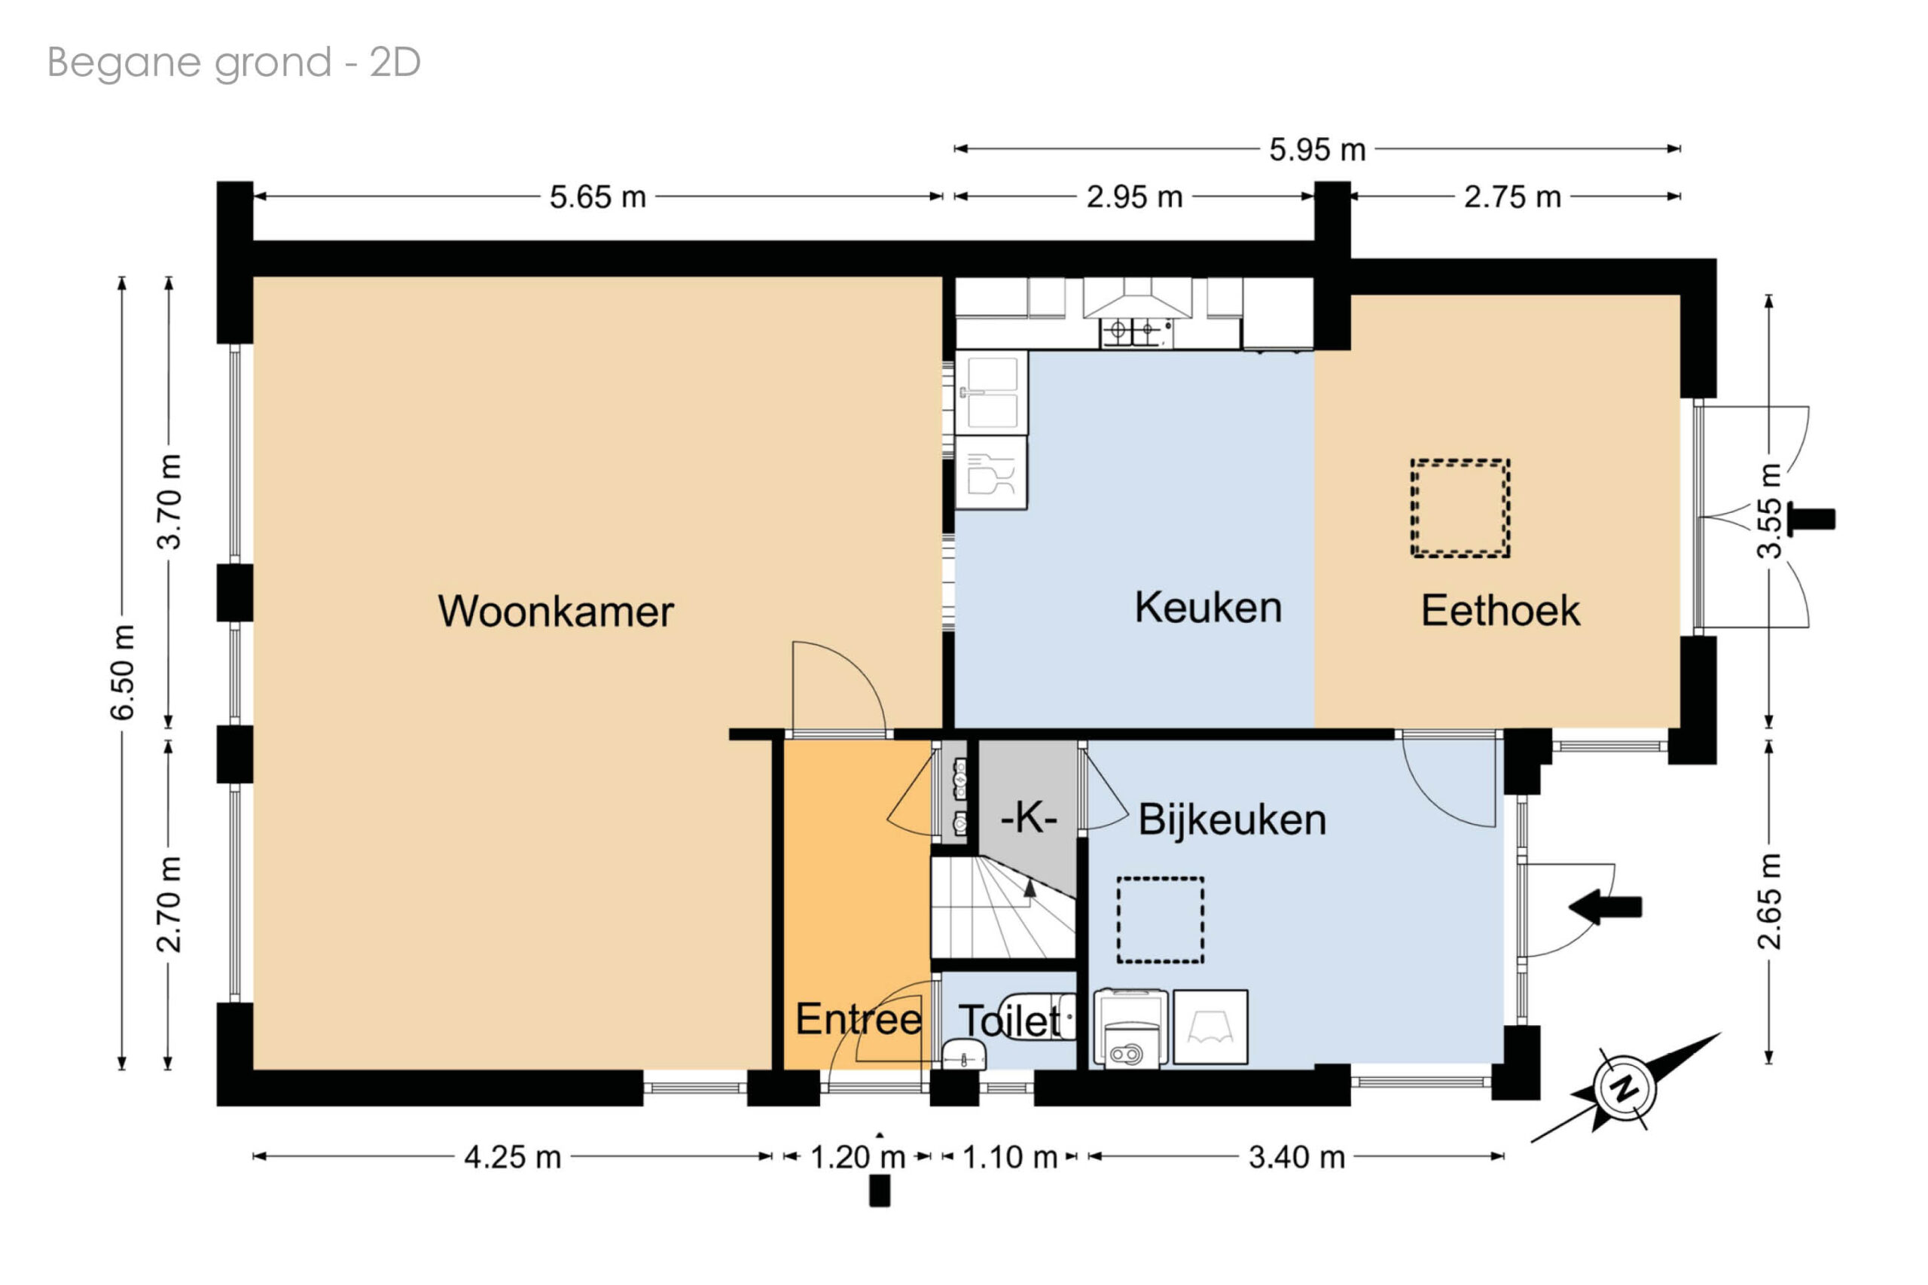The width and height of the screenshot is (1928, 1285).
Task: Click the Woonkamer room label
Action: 555,612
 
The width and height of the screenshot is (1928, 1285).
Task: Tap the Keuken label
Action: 1208,607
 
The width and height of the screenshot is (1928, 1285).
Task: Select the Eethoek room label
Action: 1499,611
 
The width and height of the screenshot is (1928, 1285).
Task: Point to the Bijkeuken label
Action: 1231,820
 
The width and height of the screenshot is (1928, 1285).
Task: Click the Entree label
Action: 858,1018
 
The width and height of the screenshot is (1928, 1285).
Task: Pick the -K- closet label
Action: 1028,818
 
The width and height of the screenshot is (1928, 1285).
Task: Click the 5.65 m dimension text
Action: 597,197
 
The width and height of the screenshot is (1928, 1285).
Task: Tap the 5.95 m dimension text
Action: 1316,149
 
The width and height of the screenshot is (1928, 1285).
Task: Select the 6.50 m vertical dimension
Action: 122,673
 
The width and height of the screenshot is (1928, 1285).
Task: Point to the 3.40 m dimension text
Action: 1296,1157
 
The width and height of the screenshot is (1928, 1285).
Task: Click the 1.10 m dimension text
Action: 1009,1157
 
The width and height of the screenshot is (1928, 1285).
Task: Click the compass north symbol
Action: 1624,1088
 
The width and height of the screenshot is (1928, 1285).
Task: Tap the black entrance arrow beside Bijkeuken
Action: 1604,906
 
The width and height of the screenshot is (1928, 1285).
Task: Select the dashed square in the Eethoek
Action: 1460,508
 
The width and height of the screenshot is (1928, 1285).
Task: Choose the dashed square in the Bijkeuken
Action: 1161,920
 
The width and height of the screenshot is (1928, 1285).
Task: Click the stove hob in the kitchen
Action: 1136,331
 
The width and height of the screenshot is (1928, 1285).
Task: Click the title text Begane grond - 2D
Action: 233,63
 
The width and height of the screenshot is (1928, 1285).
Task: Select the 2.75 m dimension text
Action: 1512,197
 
